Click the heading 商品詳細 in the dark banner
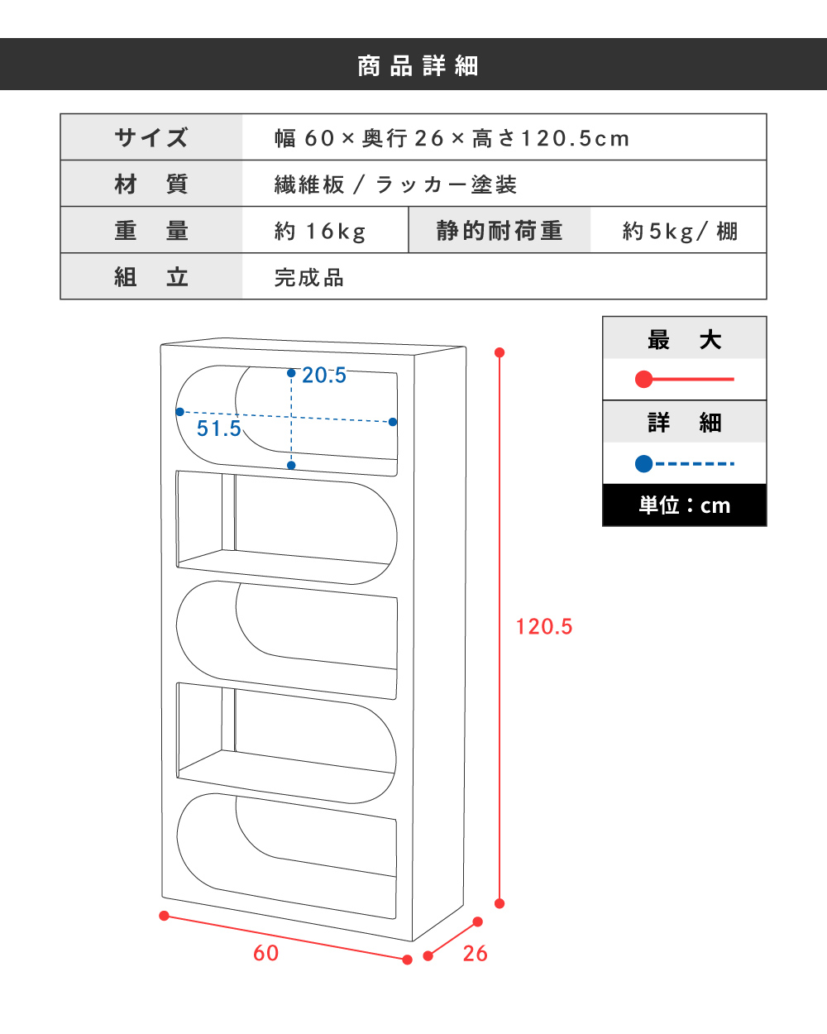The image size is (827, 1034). (418, 66)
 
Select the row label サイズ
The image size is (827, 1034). (151, 137)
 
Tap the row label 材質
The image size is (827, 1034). (151, 184)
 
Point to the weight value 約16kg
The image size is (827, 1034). (320, 231)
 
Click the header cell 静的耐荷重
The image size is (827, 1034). (500, 231)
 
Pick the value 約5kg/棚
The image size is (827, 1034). (680, 231)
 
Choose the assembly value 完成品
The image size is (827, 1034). (309, 278)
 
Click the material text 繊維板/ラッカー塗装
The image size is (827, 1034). (395, 184)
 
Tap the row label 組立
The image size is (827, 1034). (151, 277)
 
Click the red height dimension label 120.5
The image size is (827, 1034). (544, 627)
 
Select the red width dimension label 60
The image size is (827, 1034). (265, 953)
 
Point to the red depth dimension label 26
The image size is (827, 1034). (475, 954)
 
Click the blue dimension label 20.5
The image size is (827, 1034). (324, 376)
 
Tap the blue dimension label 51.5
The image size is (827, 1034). (218, 428)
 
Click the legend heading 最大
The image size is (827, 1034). (684, 340)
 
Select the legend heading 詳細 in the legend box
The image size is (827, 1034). (684, 423)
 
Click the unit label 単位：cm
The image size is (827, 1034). (684, 505)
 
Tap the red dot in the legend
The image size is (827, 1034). (644, 379)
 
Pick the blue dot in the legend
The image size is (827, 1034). (644, 464)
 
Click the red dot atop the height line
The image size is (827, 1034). (500, 352)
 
